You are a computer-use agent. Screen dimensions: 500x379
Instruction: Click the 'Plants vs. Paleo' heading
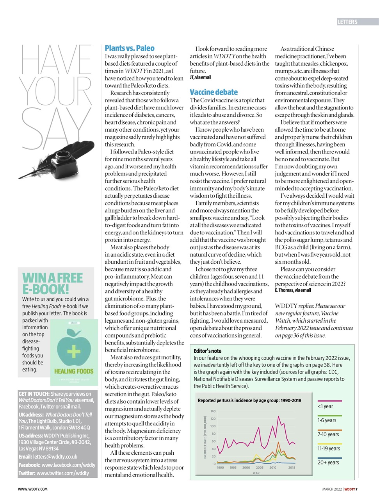[x=130, y=48]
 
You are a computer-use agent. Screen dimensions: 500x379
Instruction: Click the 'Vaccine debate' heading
[x=214, y=93]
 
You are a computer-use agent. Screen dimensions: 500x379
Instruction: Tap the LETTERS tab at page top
[x=347, y=22]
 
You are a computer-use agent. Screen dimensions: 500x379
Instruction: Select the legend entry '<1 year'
[x=326, y=406]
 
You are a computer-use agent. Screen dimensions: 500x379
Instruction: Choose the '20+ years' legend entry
[x=328, y=462]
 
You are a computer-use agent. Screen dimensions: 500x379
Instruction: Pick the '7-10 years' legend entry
[x=328, y=434]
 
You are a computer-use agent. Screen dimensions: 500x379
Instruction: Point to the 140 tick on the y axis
[x=213, y=411]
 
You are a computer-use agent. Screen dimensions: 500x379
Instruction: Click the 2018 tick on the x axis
[x=292, y=468]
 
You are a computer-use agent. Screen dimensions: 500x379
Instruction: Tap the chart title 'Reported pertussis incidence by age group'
[x=249, y=400]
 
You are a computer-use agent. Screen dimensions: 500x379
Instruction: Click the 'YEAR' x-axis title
[x=256, y=473]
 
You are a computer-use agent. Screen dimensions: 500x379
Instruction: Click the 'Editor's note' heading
[x=207, y=351]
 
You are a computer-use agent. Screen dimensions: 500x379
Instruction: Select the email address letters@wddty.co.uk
[x=55, y=457]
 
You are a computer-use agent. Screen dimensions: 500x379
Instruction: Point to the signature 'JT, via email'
[x=200, y=77]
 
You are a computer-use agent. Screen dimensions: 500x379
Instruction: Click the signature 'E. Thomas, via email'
[x=293, y=291]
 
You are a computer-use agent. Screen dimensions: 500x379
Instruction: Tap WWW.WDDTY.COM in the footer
[x=33, y=489]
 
